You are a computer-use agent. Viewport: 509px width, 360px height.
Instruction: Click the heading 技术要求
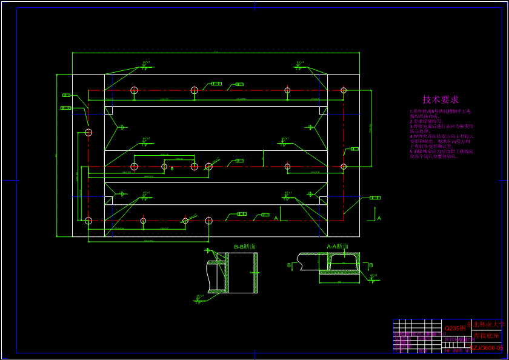(x=441, y=99)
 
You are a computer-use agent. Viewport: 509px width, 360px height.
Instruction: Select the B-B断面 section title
(x=245, y=247)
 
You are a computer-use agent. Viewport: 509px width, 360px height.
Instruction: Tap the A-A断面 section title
(x=338, y=247)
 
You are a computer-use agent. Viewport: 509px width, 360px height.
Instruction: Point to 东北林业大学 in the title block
(x=487, y=325)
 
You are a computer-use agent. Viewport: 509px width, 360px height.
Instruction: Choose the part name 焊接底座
(x=487, y=336)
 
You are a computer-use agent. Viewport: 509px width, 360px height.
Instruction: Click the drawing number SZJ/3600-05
(x=487, y=348)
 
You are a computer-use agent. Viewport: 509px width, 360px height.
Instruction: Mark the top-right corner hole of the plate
(x=344, y=90)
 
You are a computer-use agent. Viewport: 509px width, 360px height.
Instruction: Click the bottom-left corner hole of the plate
(x=88, y=221)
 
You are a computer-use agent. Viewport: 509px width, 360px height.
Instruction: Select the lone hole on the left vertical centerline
(x=88, y=132)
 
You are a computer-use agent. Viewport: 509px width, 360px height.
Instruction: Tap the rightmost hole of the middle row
(x=344, y=166)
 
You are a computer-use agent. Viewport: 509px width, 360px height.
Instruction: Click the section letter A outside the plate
(x=379, y=218)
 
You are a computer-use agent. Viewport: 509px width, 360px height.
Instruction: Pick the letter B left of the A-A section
(x=289, y=265)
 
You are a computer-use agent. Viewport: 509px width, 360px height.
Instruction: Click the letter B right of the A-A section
(x=371, y=265)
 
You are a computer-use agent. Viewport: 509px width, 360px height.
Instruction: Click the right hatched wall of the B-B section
(x=255, y=273)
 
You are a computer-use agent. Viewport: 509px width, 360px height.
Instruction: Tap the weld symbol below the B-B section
(x=201, y=297)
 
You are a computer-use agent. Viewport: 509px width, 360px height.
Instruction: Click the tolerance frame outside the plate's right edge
(x=375, y=198)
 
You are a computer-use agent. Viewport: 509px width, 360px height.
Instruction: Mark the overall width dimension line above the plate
(x=216, y=53)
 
